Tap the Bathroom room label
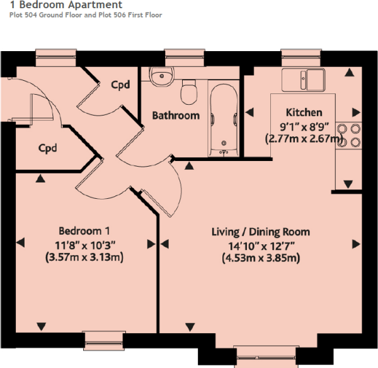pos(176,116)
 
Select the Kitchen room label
pos(304,112)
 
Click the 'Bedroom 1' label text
pos(85,230)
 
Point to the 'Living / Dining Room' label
pos(260,232)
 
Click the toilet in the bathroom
pos(188,92)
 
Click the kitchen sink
pos(304,80)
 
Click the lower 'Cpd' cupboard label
pos(48,149)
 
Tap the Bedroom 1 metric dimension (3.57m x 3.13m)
pos(84,257)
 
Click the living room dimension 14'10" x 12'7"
pos(260,245)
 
